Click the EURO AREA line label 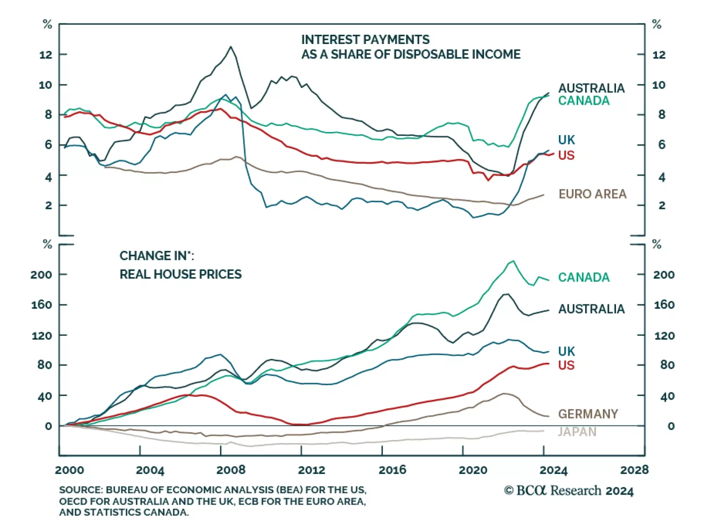point(592,194)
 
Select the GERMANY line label point(588,414)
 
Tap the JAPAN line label point(577,432)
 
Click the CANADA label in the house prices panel point(584,277)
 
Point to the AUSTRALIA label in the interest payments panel point(591,88)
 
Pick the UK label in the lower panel point(566,351)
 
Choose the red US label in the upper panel point(566,155)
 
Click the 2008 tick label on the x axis point(231,470)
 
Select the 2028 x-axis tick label point(634,470)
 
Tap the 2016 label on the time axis point(392,470)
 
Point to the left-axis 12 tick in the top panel point(46,55)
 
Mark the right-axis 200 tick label point(664,275)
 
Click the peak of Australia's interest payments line point(231,47)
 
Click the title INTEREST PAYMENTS point(365,40)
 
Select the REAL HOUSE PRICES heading point(180,274)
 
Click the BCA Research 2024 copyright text point(568,491)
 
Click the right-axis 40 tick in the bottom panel point(667,396)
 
